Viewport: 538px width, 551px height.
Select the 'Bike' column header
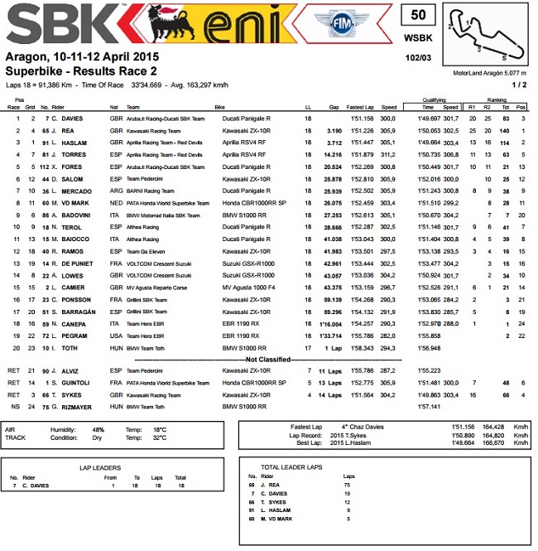[219, 107]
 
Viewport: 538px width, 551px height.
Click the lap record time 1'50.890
[440, 435]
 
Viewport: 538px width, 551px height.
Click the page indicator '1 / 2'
[518, 84]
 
